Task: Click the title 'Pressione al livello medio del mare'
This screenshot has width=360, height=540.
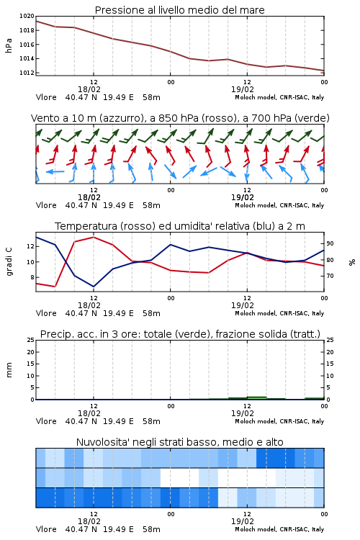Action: (179, 10)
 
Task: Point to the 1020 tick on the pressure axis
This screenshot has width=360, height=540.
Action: (27, 16)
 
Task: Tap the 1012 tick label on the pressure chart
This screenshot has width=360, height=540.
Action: (27, 73)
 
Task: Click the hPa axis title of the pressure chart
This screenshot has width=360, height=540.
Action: (9, 45)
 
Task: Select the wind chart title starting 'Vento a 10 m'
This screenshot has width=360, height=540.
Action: (180, 118)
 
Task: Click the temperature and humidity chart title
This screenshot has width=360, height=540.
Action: (180, 226)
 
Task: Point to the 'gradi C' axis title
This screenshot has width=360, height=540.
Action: (9, 261)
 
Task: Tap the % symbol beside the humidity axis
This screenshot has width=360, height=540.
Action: (352, 262)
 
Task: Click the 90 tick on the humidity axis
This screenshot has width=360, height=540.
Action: (330, 243)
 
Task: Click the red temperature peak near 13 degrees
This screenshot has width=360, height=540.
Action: (94, 238)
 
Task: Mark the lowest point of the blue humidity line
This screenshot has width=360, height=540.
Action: (94, 287)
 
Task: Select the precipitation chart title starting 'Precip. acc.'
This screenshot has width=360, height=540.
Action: (180, 334)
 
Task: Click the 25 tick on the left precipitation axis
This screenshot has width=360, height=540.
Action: (31, 340)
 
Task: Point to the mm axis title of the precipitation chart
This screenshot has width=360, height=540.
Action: (9, 370)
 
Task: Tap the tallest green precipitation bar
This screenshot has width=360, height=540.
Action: (256, 398)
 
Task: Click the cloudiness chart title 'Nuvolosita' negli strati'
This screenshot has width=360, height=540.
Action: (180, 442)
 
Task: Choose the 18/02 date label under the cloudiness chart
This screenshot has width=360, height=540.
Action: (89, 521)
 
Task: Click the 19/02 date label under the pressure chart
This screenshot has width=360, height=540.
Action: (243, 89)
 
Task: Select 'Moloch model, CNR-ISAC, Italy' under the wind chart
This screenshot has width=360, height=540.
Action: (279, 205)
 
